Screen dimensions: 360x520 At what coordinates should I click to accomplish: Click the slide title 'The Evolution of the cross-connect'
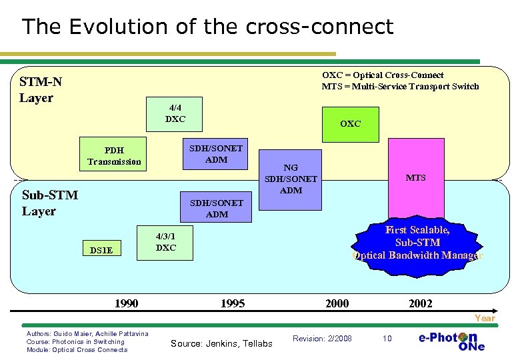(207, 27)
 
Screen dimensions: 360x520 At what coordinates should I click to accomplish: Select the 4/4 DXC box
(175, 113)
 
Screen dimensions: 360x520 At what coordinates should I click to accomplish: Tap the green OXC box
(350, 124)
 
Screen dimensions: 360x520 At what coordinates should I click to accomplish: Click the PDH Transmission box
(114, 155)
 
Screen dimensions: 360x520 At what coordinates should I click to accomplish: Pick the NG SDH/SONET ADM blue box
(291, 179)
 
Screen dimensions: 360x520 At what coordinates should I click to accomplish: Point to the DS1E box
(101, 250)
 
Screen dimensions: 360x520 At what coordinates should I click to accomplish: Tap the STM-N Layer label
(41, 90)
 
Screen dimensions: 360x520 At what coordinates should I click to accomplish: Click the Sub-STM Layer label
(50, 203)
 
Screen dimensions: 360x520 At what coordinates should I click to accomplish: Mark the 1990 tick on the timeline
(127, 303)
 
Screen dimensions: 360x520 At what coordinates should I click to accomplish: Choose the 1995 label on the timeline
(233, 303)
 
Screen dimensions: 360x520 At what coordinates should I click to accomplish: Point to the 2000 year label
(337, 303)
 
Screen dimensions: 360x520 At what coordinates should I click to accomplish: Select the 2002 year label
(420, 303)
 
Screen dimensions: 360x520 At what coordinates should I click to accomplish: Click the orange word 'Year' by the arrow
(484, 318)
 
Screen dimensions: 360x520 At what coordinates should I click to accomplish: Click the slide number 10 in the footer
(387, 339)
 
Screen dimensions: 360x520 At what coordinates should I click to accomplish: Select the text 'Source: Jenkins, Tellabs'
(221, 343)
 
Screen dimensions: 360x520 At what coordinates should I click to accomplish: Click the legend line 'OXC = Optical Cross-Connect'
(383, 75)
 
